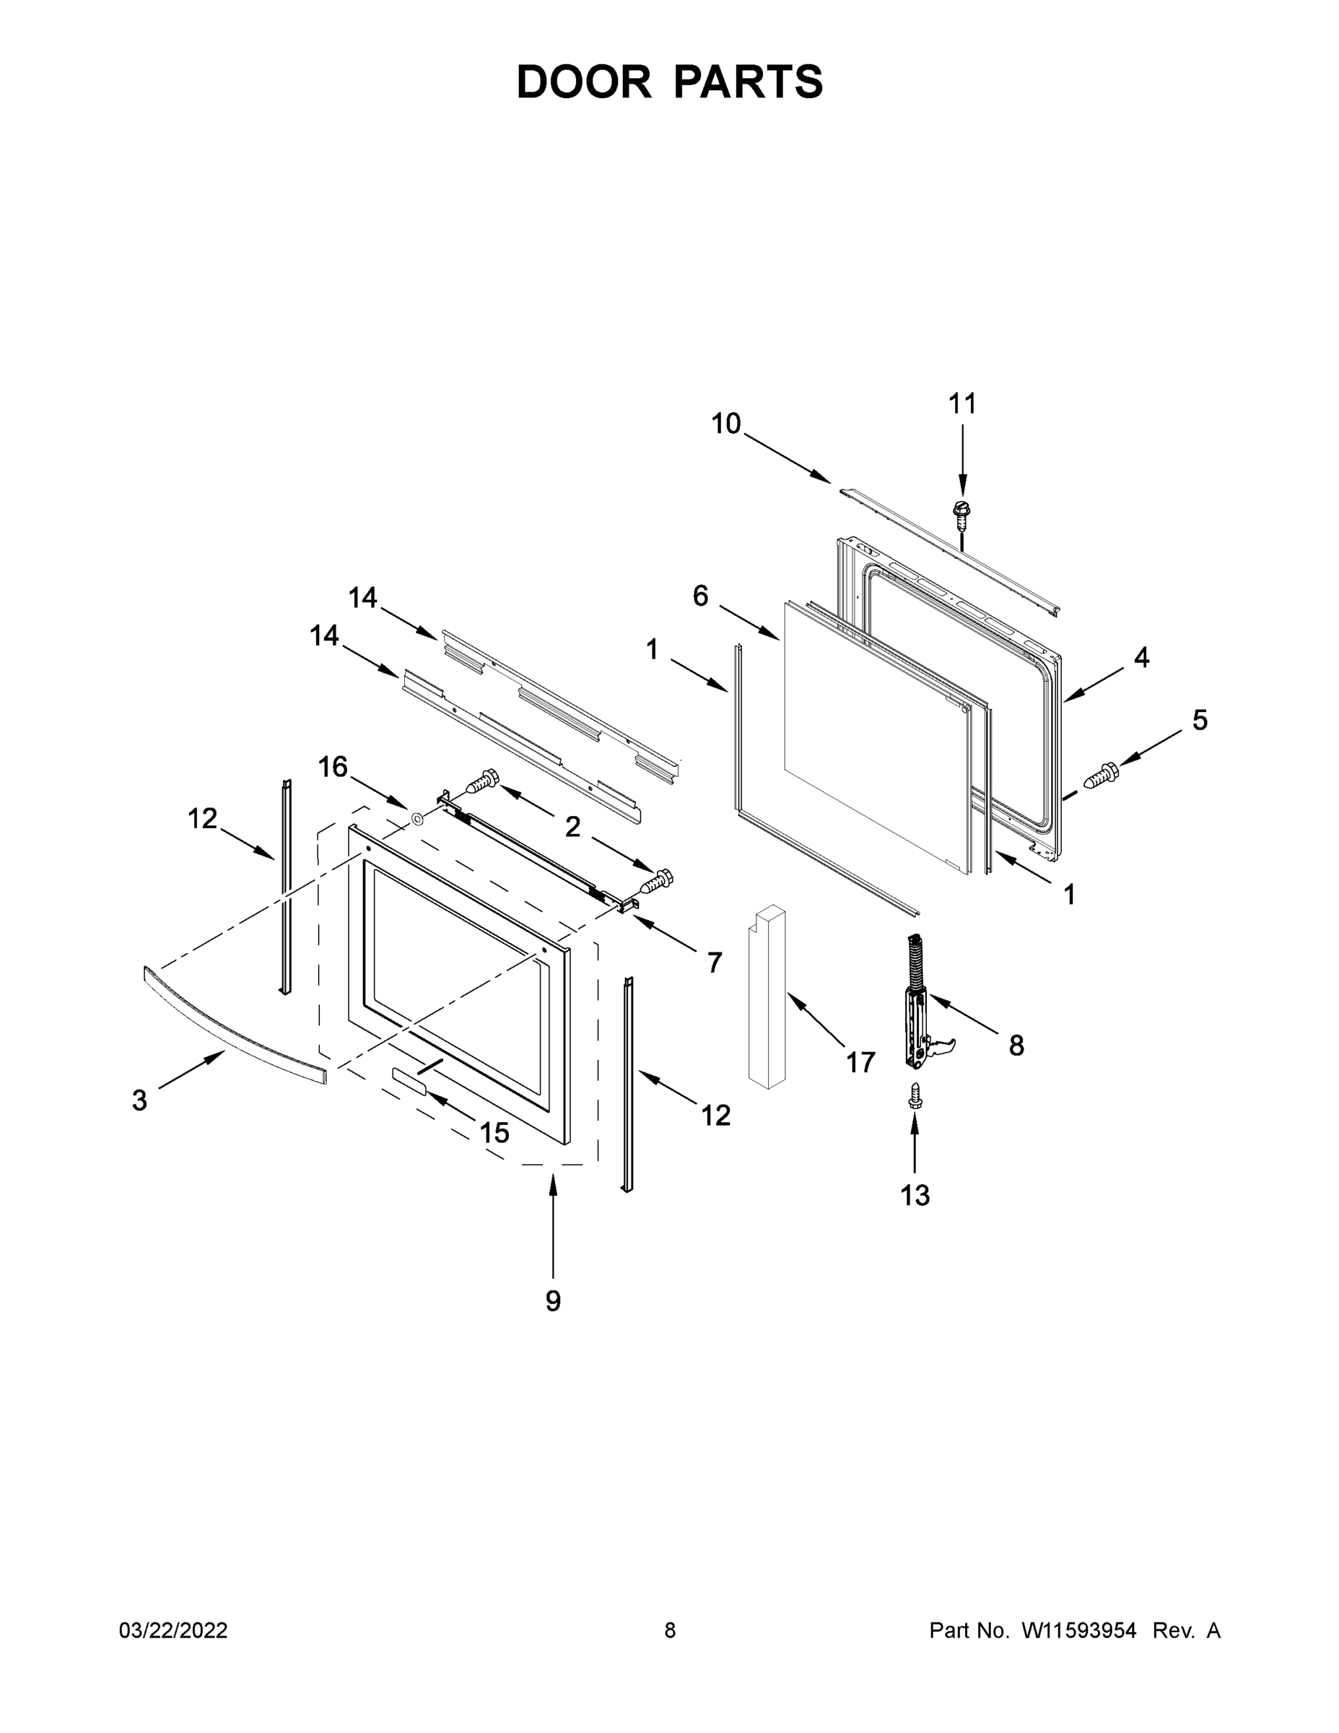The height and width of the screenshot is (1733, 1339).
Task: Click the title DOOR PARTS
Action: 670,82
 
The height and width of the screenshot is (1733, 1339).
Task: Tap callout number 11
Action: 962,404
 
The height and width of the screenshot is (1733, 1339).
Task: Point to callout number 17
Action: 860,1061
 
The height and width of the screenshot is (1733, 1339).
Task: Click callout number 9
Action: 553,1300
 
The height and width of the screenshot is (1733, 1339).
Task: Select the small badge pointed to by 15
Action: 409,1080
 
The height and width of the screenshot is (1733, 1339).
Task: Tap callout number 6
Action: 700,595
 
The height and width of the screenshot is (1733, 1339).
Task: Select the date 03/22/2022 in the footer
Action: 173,1630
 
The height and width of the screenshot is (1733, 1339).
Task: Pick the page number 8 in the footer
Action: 670,1630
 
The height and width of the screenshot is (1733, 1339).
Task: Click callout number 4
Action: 1140,657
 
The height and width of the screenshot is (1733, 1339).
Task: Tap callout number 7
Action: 714,963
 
